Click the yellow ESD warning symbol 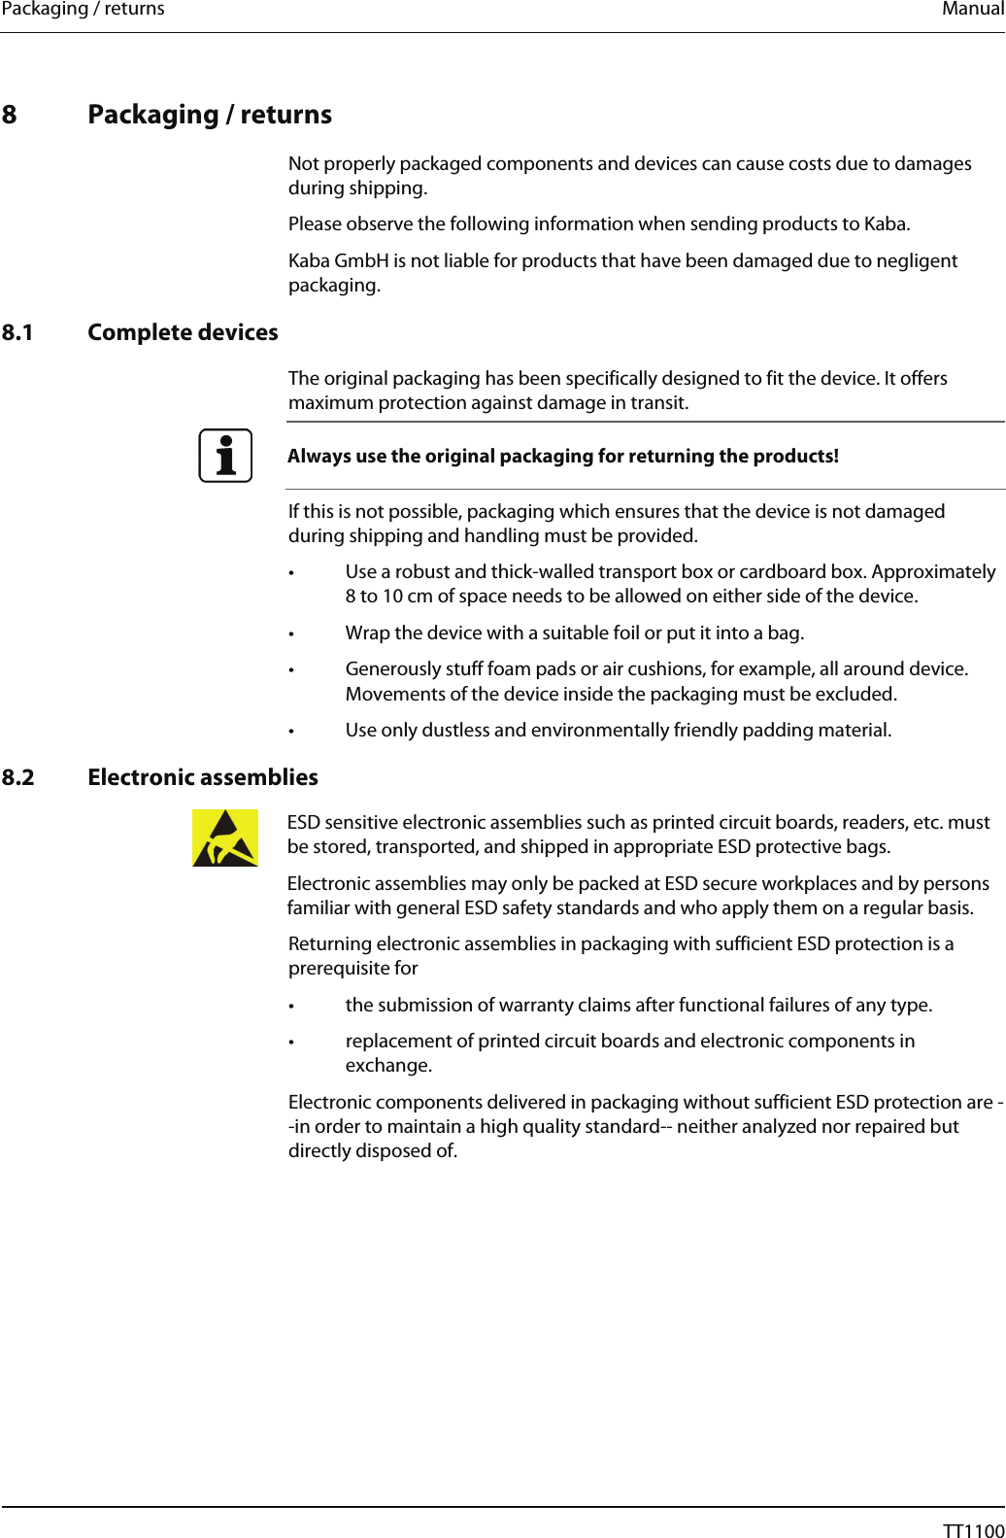(x=225, y=837)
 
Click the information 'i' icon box (x=225, y=456)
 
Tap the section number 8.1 (x=17, y=332)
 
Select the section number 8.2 (x=17, y=777)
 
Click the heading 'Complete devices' (x=183, y=332)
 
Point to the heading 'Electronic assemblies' (x=202, y=777)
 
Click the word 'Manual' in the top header (x=972, y=10)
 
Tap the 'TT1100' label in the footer (x=973, y=1530)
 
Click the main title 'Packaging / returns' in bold (x=210, y=115)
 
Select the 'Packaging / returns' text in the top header (x=83, y=10)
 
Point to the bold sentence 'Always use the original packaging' (x=562, y=456)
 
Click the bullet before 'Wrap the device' (x=291, y=634)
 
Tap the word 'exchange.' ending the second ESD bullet (x=388, y=1066)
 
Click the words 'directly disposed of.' (x=372, y=1151)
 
